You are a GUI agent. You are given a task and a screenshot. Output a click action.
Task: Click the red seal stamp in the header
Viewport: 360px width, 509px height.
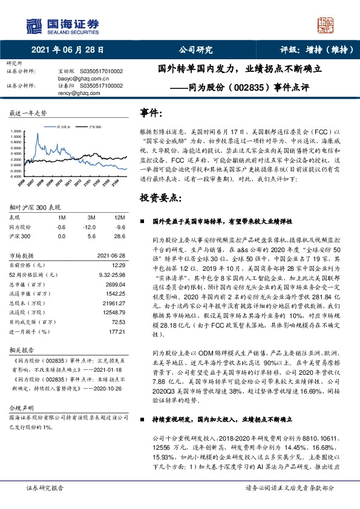(327, 25)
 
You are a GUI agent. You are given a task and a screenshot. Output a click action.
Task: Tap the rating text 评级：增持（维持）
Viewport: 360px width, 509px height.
(312, 50)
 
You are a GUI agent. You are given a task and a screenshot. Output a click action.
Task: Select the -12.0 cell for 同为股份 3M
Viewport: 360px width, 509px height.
(92, 226)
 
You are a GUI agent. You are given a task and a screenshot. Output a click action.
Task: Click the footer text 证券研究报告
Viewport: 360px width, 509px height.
(44, 504)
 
